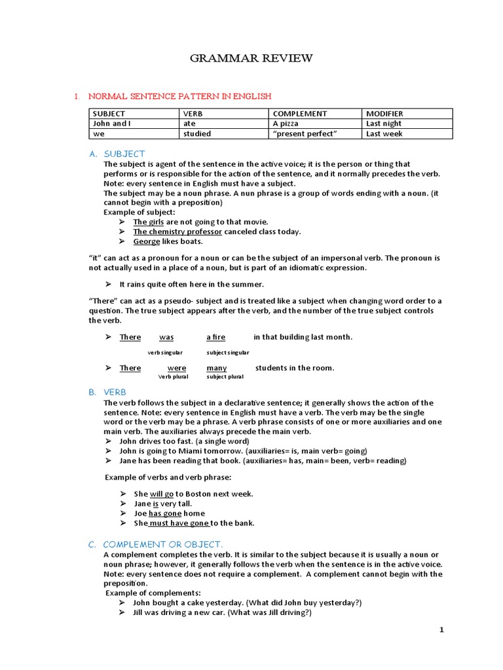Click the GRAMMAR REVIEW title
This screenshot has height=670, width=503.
tap(251, 59)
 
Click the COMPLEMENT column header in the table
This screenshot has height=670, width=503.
tap(299, 113)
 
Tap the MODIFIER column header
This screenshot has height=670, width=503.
tap(384, 113)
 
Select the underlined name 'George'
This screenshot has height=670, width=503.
tap(147, 241)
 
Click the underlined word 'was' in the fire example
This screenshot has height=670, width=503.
tap(166, 337)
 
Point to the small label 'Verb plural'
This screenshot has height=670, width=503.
tap(174, 377)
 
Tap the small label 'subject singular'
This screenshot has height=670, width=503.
tap(227, 352)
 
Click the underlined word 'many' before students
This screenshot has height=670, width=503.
tap(216, 368)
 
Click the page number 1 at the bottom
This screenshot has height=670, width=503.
tap(441, 629)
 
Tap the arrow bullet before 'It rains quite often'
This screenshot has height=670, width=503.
tap(109, 285)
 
